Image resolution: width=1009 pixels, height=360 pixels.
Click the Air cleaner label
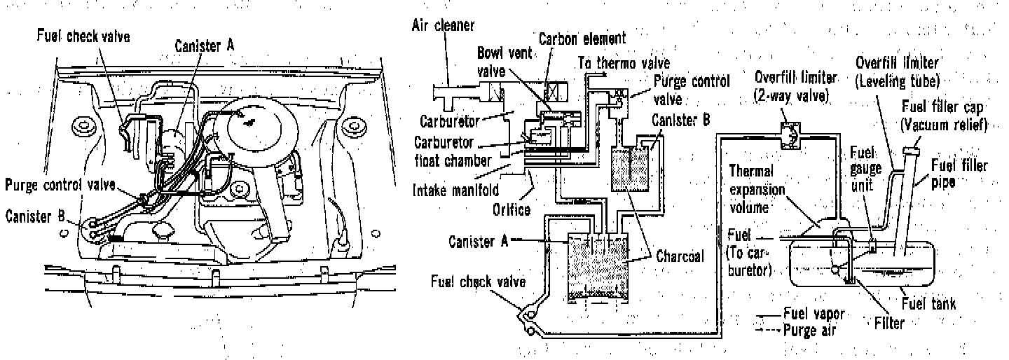coord(442,26)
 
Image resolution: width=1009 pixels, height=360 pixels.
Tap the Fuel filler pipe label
coord(959,174)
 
